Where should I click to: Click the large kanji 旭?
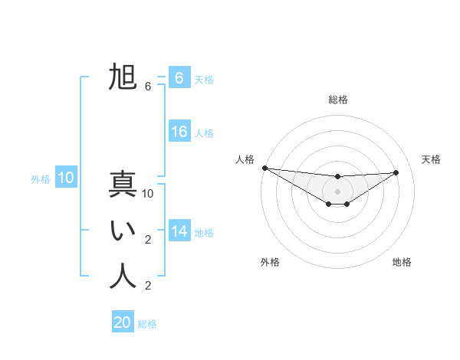pyautogui.click(x=123, y=77)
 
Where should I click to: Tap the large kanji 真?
pyautogui.click(x=123, y=185)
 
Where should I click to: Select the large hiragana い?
pyautogui.click(x=123, y=231)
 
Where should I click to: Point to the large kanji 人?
pyautogui.click(x=123, y=277)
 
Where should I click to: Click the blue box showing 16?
pyautogui.click(x=179, y=132)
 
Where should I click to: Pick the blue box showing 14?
pyautogui.click(x=179, y=231)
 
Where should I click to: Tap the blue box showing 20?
pyautogui.click(x=123, y=322)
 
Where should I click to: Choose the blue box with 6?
pyautogui.click(x=179, y=78)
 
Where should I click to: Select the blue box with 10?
pyautogui.click(x=66, y=178)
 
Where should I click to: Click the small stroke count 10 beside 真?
pyautogui.click(x=148, y=194)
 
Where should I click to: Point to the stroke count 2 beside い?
pyautogui.click(x=148, y=240)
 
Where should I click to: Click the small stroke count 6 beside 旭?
pyautogui.click(x=148, y=87)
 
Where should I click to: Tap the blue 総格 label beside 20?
pyautogui.click(x=147, y=324)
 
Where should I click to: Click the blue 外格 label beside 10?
pyautogui.click(x=41, y=179)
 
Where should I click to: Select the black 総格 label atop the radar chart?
pyautogui.click(x=337, y=100)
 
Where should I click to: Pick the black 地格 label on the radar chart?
pyautogui.click(x=402, y=262)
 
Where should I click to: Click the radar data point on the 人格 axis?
pyautogui.click(x=264, y=168)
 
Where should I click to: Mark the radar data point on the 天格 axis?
pyautogui.click(x=396, y=172)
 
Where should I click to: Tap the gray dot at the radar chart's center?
pyautogui.click(x=337, y=191)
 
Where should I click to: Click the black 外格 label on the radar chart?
pyautogui.click(x=270, y=262)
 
